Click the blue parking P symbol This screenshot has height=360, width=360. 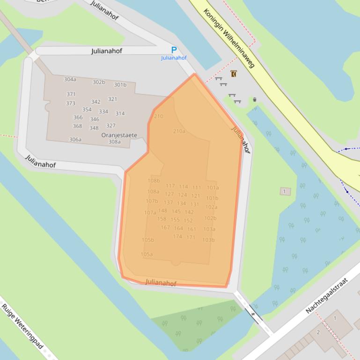[x=174, y=50]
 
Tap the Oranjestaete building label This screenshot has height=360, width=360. [x=119, y=135]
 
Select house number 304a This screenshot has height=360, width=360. [x=70, y=79]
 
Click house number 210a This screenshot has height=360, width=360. [x=179, y=131]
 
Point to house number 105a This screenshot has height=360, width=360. [x=147, y=254]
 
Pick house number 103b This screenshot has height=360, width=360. [x=209, y=240]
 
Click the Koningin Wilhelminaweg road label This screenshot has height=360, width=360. [x=229, y=37]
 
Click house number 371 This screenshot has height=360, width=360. [x=71, y=94]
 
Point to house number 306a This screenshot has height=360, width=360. [x=75, y=140]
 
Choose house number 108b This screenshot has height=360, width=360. [x=154, y=181]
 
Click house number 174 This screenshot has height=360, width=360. [x=177, y=237]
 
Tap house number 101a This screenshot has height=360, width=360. [x=213, y=188]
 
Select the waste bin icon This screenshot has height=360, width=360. [x=255, y=100]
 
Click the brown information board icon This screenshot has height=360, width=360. [x=234, y=74]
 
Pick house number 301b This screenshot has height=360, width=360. [x=120, y=85]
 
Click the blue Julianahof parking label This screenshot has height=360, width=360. [x=174, y=58]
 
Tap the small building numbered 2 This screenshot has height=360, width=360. [x=318, y=332]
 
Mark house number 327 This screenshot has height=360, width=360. [x=111, y=126]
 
